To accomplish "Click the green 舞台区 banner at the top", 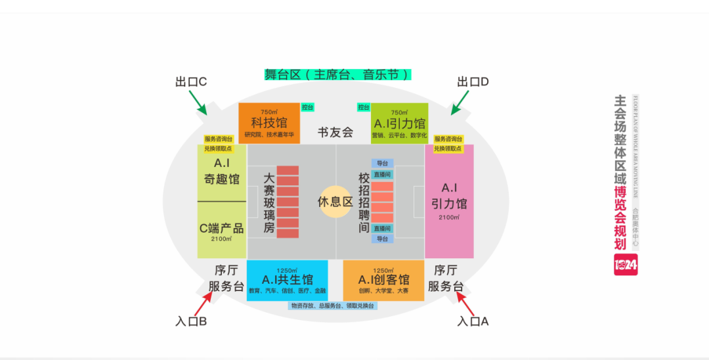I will [337, 74].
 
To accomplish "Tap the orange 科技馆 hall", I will [269, 123].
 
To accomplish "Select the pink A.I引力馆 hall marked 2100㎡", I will [449, 201].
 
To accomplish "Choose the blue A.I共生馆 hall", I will [288, 281].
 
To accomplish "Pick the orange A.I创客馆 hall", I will [383, 281].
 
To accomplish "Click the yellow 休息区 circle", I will [335, 202].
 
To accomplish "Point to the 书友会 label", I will [335, 132].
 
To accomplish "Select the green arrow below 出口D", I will [460, 102].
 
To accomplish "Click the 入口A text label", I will [473, 322].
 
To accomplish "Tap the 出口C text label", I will [191, 81].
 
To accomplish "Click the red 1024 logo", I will [626, 265].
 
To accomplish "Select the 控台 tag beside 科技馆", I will [307, 107].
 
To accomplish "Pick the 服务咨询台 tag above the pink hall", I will [448, 139].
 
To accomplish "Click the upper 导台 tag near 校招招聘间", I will [382, 163].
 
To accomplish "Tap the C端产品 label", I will [222, 229].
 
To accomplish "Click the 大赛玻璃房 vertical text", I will [269, 203].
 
